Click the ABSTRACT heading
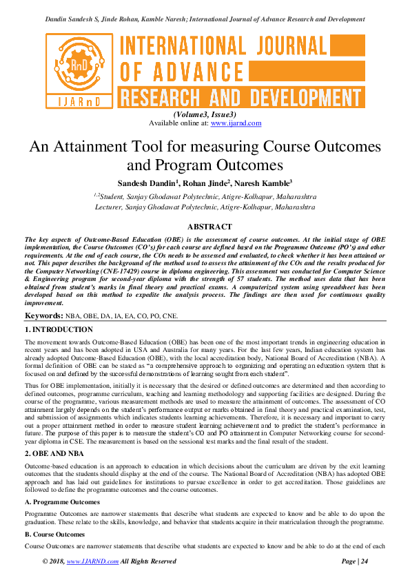(x=205, y=227)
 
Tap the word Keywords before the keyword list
(x=44, y=315)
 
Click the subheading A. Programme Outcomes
(x=62, y=483)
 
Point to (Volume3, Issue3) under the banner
(x=205, y=114)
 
